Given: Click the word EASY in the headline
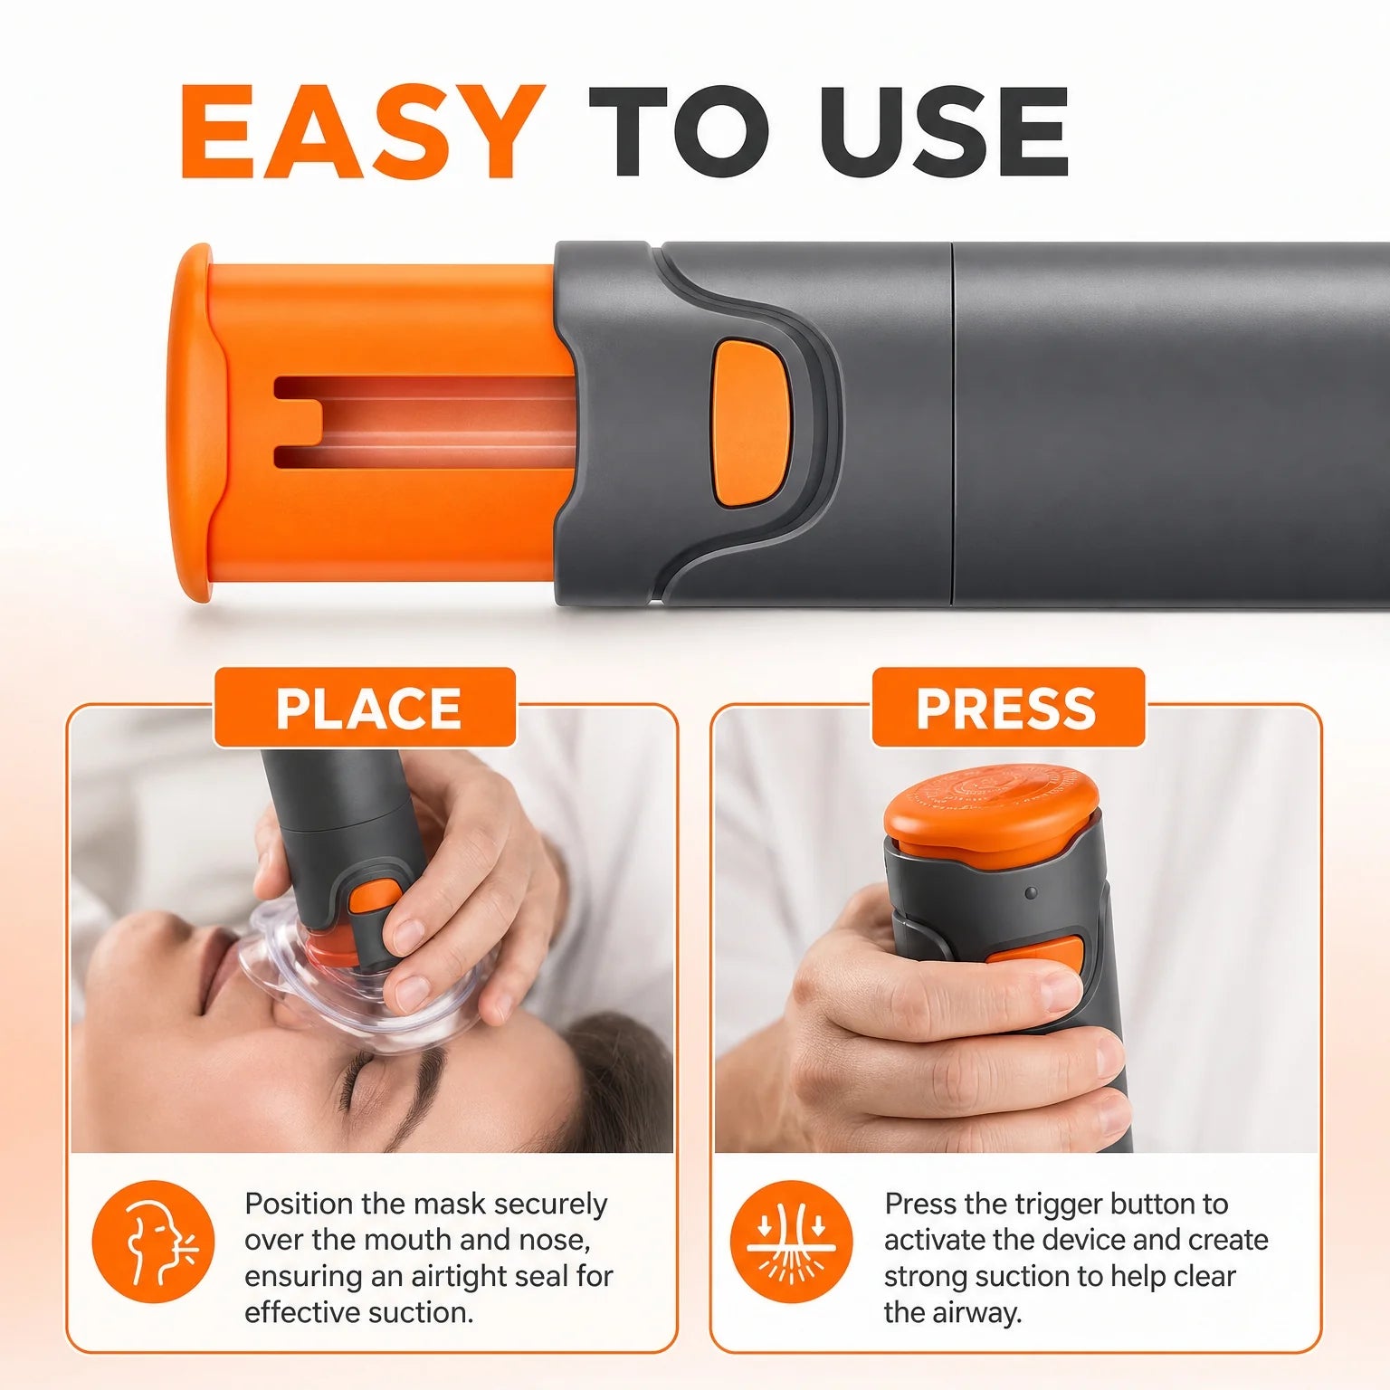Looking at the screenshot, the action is (x=363, y=131).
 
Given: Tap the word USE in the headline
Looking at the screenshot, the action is (x=945, y=131).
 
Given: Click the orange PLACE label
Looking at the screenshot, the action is (x=366, y=708).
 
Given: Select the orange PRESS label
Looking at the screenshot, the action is (x=1007, y=708).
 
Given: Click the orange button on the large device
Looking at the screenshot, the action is (x=752, y=422).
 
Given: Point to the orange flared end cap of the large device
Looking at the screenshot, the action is (x=192, y=423).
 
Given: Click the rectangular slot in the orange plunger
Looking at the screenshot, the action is (x=425, y=423).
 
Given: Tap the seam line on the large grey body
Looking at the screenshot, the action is (x=952, y=423).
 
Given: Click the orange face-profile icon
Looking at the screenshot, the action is (x=154, y=1242).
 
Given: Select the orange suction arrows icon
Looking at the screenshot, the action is (x=792, y=1242).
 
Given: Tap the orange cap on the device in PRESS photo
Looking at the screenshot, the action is (x=991, y=810).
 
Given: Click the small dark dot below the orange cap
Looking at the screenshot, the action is (x=1031, y=893).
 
